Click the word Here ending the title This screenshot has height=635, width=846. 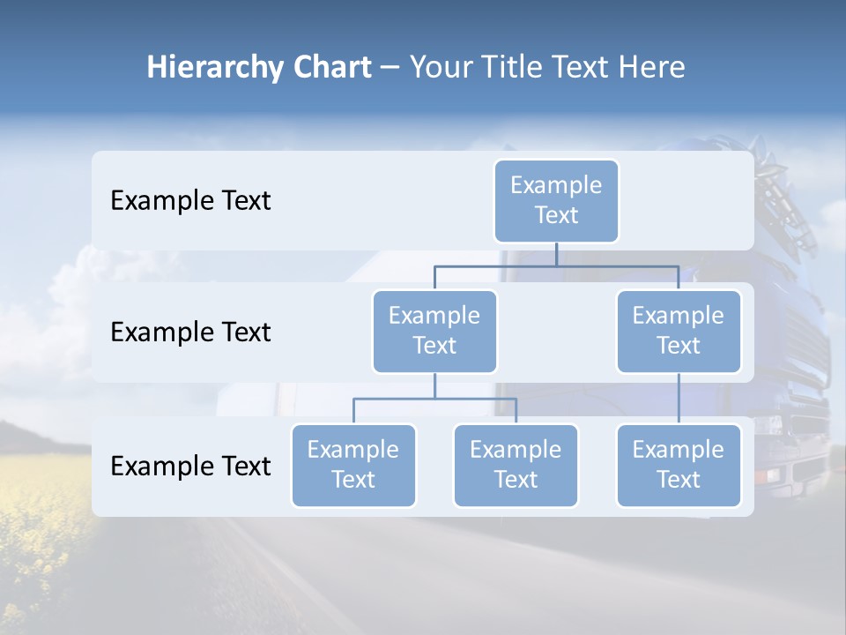(650, 68)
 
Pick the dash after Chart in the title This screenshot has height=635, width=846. (390, 69)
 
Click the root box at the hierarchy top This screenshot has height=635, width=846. (556, 200)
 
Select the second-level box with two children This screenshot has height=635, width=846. (434, 331)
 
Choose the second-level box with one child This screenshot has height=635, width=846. (679, 331)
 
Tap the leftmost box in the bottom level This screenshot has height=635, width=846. (353, 465)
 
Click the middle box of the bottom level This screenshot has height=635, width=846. (516, 465)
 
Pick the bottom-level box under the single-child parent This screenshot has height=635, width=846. (679, 465)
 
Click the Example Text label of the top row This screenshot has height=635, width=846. (190, 201)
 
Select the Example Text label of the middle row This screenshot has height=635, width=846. (190, 332)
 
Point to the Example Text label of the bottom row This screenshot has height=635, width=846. (190, 467)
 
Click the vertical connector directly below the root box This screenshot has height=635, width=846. (556, 254)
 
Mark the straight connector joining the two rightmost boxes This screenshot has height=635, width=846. (679, 399)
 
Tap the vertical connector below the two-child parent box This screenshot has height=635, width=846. (434, 385)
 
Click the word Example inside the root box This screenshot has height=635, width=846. (556, 185)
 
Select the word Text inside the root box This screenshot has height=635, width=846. (556, 215)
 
